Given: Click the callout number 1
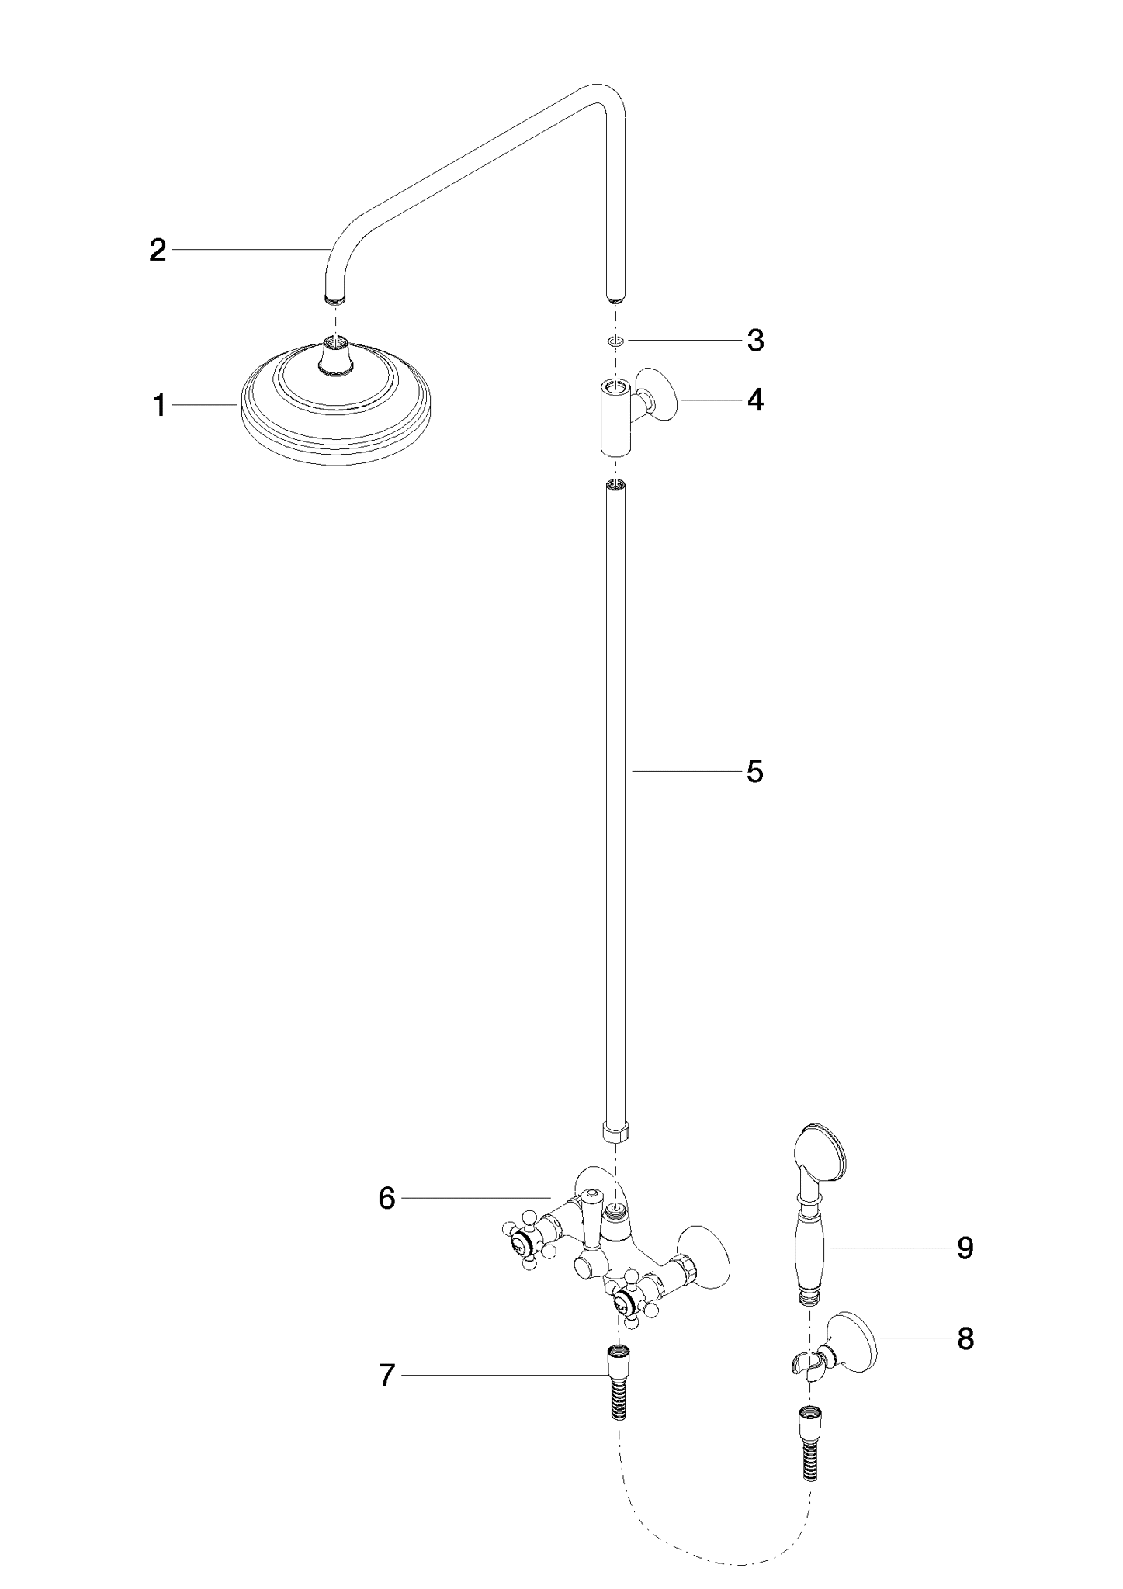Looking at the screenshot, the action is [x=159, y=406].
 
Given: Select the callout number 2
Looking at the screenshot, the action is [x=158, y=251].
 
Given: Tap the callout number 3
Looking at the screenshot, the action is [x=755, y=341].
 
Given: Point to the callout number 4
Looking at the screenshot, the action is [x=755, y=400].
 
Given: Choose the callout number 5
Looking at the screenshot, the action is [x=755, y=771].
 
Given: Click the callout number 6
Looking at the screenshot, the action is [x=387, y=1199].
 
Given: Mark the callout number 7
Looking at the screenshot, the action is [x=387, y=1376].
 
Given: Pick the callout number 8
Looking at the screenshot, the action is [x=965, y=1338].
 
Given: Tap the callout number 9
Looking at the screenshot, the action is [x=965, y=1248].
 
